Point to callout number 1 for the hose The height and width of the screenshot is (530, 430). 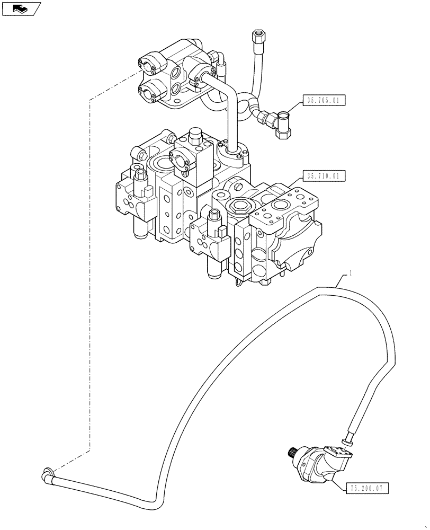tap(351, 274)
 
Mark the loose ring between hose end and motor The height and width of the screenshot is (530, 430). tap(347, 440)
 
